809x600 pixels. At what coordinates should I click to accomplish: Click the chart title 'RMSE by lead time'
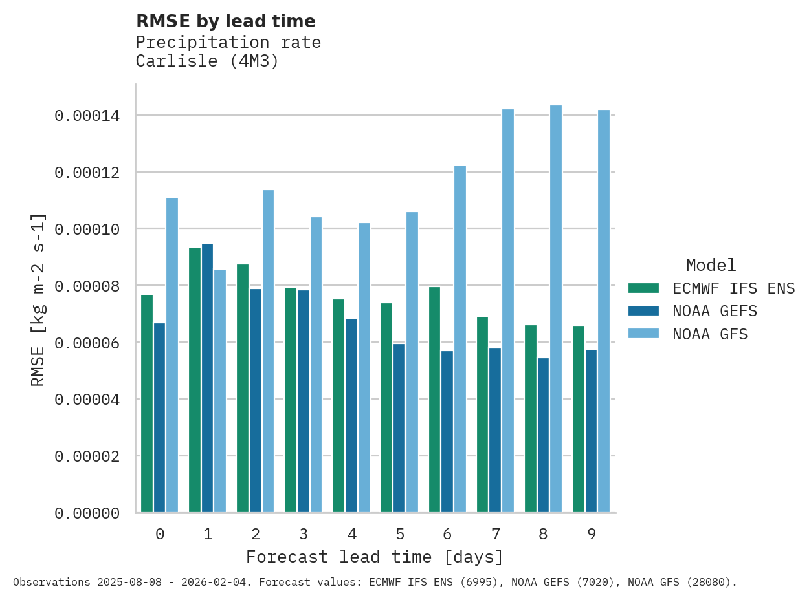coord(225,21)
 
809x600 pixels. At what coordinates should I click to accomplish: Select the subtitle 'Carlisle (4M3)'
coord(207,61)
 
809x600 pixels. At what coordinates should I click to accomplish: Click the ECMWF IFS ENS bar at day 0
coord(147,403)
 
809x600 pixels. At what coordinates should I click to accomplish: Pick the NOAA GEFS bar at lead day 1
coord(208,378)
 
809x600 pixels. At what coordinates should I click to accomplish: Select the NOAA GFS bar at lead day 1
coord(220,391)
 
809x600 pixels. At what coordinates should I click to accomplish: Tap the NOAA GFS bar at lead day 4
coord(364,368)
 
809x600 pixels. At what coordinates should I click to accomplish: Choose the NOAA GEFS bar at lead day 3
coord(304,402)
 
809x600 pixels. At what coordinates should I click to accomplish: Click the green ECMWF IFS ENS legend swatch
coord(643,288)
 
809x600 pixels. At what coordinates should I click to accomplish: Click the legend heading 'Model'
coord(711,265)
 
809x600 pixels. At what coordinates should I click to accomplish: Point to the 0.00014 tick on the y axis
coord(87,116)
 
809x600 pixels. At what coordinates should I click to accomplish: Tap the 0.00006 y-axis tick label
coord(87,343)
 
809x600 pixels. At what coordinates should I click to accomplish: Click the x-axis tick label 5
coord(399,534)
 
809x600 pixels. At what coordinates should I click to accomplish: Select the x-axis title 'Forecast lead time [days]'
coord(375,557)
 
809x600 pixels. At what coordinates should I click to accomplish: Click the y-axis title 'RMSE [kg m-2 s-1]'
coord(38,299)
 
